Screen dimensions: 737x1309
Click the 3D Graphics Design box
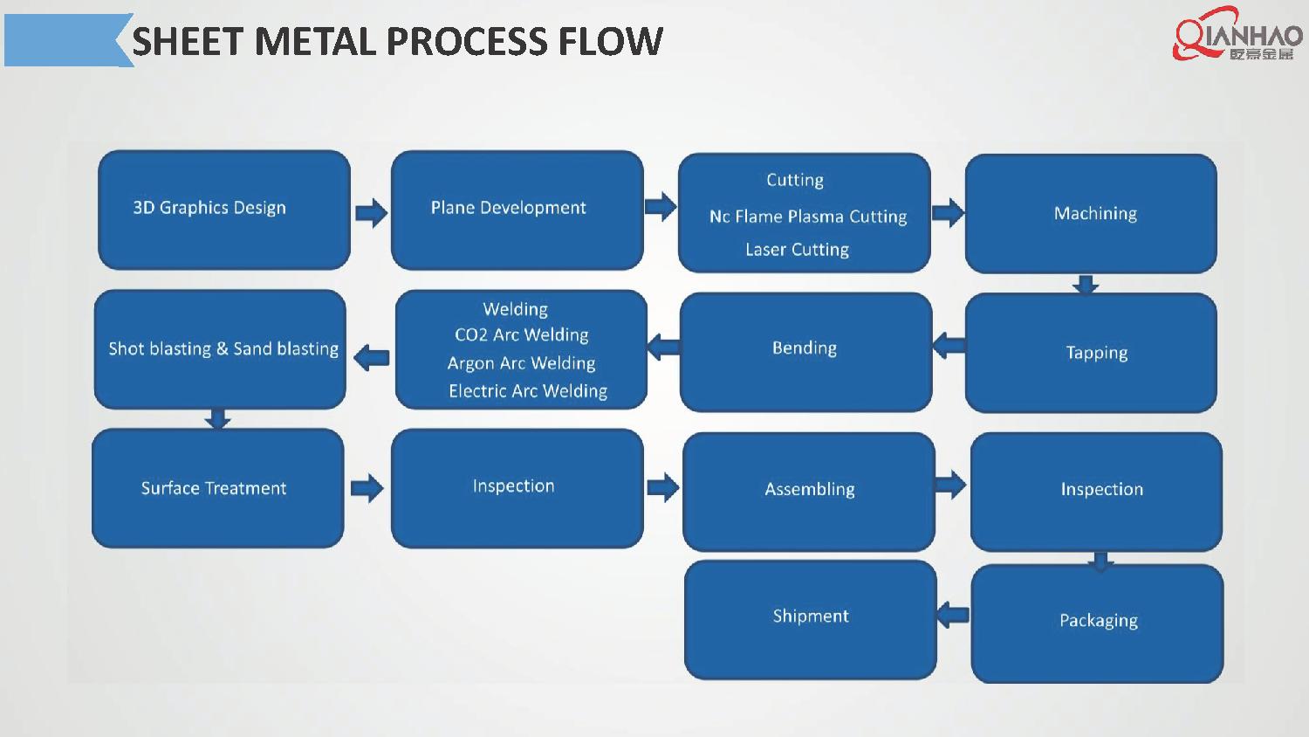(x=223, y=210)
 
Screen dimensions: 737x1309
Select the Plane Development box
(x=517, y=210)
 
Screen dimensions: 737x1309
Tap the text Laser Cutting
(x=797, y=250)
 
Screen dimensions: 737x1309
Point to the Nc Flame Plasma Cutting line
(x=808, y=217)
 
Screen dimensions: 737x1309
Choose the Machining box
(x=1091, y=214)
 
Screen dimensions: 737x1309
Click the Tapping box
(x=1091, y=353)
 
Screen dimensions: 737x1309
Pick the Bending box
(x=805, y=351)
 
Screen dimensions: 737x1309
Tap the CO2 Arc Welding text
(x=522, y=335)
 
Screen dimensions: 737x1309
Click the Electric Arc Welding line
(x=528, y=391)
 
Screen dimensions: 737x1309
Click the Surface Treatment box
(x=217, y=488)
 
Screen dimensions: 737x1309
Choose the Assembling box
(x=809, y=491)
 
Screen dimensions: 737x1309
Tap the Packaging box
(x=1097, y=623)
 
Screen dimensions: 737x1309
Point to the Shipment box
(x=810, y=618)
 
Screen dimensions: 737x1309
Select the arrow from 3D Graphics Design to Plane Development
(x=371, y=212)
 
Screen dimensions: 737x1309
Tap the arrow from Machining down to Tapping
(x=1086, y=284)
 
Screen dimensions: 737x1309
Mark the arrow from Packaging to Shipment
(x=953, y=615)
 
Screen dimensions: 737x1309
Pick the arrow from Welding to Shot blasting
(x=372, y=357)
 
